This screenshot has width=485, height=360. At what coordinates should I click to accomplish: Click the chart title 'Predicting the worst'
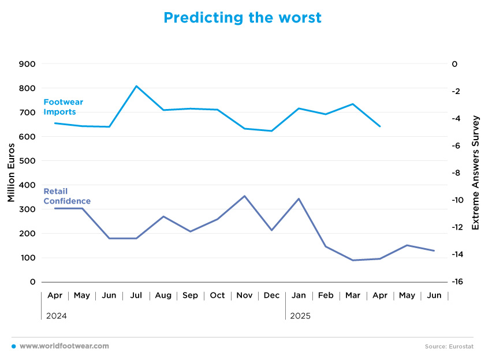point(242,18)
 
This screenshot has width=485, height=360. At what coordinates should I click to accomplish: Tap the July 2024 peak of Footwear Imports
point(136,86)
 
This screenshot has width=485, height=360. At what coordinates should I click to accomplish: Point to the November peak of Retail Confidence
point(245,196)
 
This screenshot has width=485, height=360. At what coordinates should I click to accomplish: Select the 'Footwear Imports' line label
point(63,107)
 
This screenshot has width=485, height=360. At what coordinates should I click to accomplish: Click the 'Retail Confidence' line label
point(67,196)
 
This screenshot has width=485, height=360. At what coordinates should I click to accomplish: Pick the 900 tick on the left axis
point(27,64)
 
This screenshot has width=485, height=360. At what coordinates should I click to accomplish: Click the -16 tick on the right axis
point(457,282)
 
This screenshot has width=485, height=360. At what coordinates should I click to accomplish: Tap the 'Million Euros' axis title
point(11,172)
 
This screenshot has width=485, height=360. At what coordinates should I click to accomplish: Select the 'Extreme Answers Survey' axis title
point(475,172)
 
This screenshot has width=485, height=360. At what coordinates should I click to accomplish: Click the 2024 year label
point(57,316)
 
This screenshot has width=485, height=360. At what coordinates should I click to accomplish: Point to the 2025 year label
point(300,316)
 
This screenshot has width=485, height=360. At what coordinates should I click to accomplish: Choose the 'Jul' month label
point(136,295)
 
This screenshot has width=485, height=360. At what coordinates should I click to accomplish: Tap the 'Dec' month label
point(271,295)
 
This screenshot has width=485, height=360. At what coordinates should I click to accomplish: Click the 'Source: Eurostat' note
point(449,346)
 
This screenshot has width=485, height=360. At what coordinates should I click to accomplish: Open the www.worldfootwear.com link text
point(64,346)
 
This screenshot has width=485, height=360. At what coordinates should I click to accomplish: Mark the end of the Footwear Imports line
point(380,126)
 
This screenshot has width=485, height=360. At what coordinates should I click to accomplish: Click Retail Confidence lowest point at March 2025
point(353,260)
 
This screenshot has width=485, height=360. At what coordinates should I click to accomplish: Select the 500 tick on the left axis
point(27,161)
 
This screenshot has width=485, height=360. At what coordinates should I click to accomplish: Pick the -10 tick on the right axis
point(457,200)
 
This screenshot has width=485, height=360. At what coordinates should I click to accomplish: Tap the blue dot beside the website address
point(14,346)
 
